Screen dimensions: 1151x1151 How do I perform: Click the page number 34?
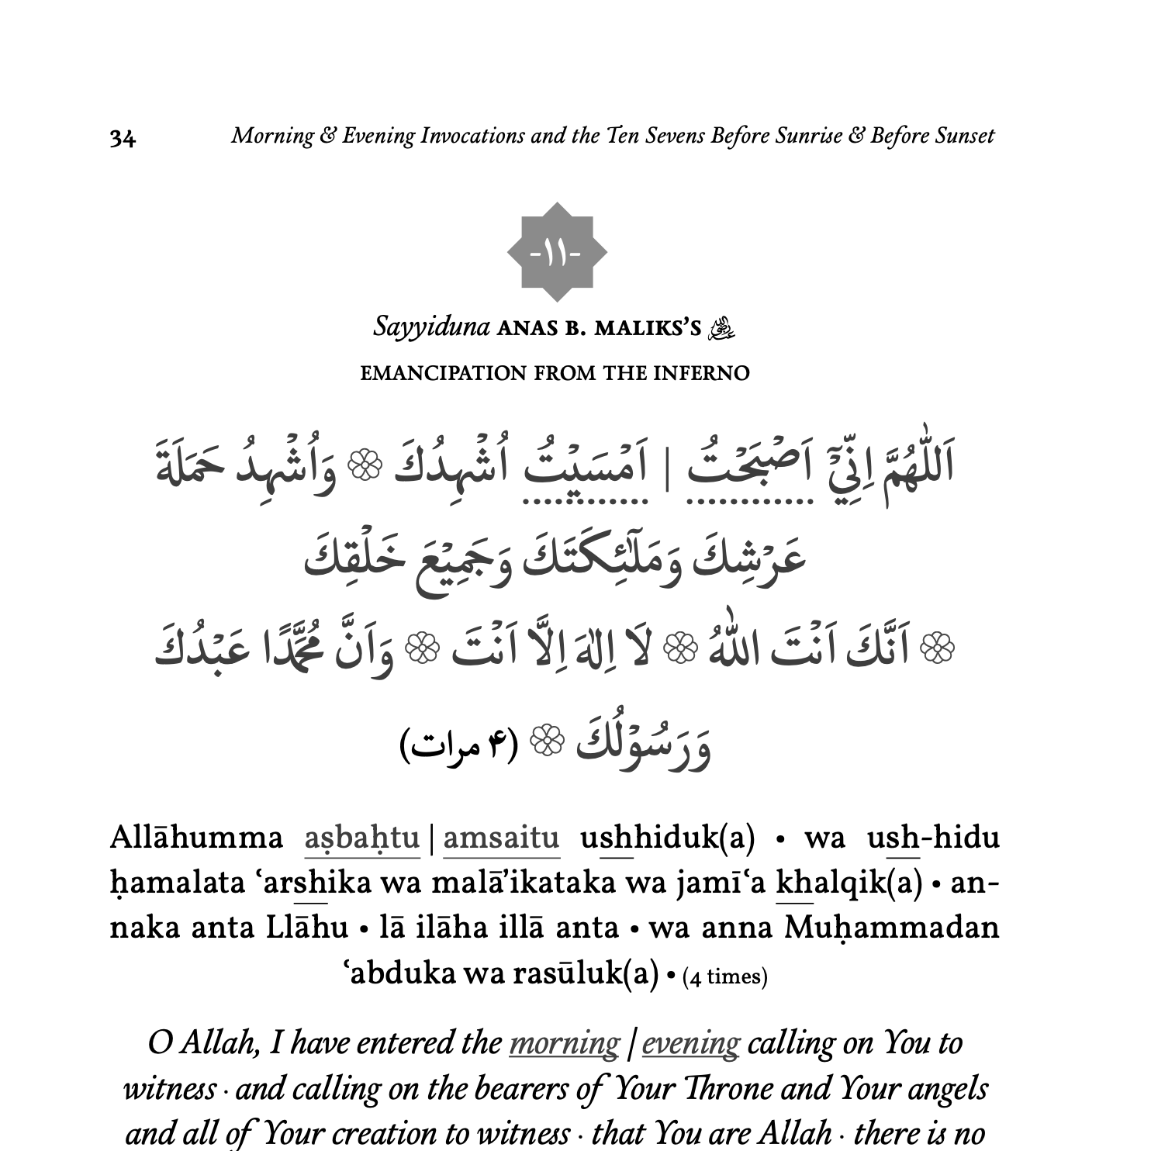coord(123,138)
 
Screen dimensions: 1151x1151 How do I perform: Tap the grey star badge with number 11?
coord(557,253)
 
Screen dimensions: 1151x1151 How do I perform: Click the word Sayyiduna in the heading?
coord(431,327)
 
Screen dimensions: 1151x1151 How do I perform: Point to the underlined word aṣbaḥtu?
coord(361,838)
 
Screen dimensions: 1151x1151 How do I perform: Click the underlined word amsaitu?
coord(501,838)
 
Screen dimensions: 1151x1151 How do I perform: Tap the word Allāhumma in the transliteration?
coord(196,838)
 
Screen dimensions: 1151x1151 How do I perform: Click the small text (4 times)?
coord(724,976)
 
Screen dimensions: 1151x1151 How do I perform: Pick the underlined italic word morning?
coord(564,1043)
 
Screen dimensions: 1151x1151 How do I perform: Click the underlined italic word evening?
coord(690,1043)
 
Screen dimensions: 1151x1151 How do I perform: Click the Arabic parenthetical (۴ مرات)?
coord(458,745)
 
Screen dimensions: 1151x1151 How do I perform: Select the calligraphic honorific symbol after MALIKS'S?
coord(722,328)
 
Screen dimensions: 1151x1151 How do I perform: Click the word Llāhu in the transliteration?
coord(306,928)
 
